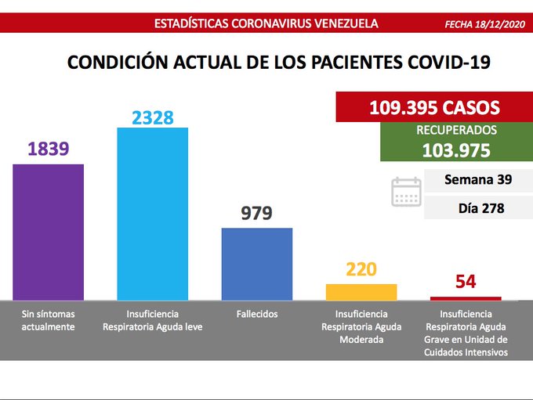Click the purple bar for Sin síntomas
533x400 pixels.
pyautogui.click(x=49, y=232)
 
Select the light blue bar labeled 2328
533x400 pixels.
pyautogui.click(x=152, y=213)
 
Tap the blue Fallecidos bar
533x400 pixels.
pyautogui.click(x=256, y=263)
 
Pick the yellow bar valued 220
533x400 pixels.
pyautogui.click(x=361, y=291)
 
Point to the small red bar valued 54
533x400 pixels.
pyautogui.click(x=465, y=298)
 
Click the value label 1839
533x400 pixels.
pyautogui.click(x=49, y=150)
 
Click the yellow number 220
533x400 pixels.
pyautogui.click(x=361, y=270)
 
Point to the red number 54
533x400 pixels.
pyautogui.click(x=466, y=282)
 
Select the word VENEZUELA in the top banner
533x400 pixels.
pyautogui.click(x=342, y=23)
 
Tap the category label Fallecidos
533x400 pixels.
pyautogui.click(x=256, y=313)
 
